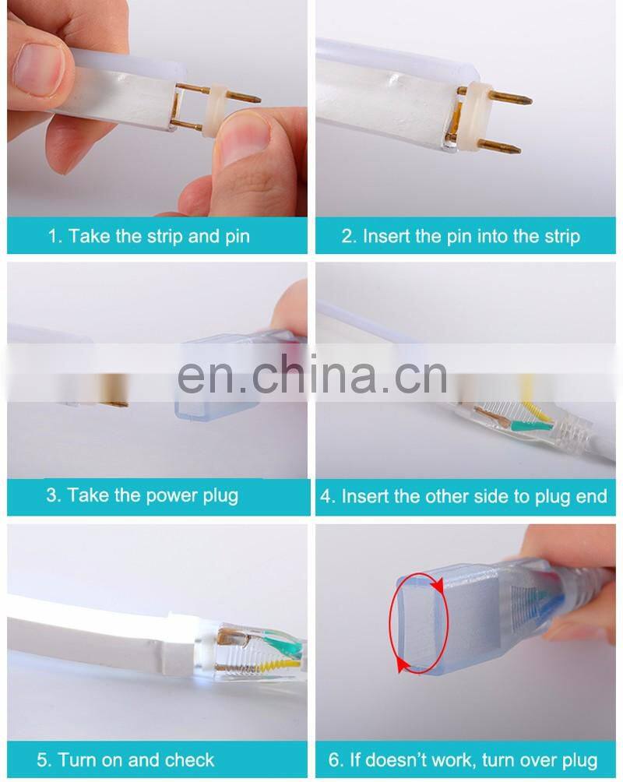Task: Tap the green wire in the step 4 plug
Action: click(530, 425)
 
